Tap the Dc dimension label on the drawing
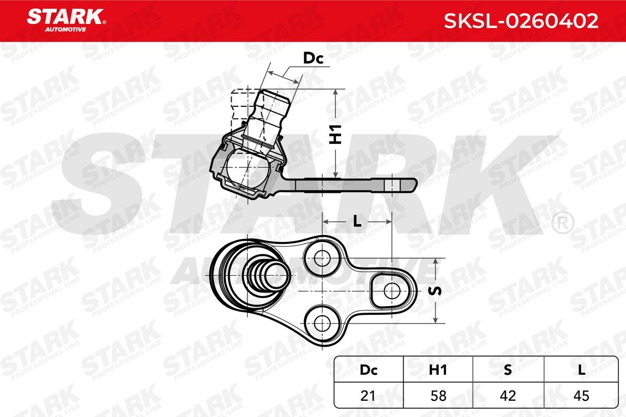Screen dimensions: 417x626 [314, 59]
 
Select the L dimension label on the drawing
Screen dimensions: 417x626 [357, 222]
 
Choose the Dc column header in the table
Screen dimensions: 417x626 [369, 370]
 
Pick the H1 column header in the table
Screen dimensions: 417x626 [438, 370]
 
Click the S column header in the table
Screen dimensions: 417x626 [508, 370]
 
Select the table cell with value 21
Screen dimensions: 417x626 [369, 396]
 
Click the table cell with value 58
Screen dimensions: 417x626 [438, 396]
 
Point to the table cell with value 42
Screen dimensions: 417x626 [508, 396]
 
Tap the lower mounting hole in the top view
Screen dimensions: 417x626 [321, 321]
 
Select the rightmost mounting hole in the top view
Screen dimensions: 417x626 [390, 289]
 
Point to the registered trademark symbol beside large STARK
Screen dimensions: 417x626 [562, 223]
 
